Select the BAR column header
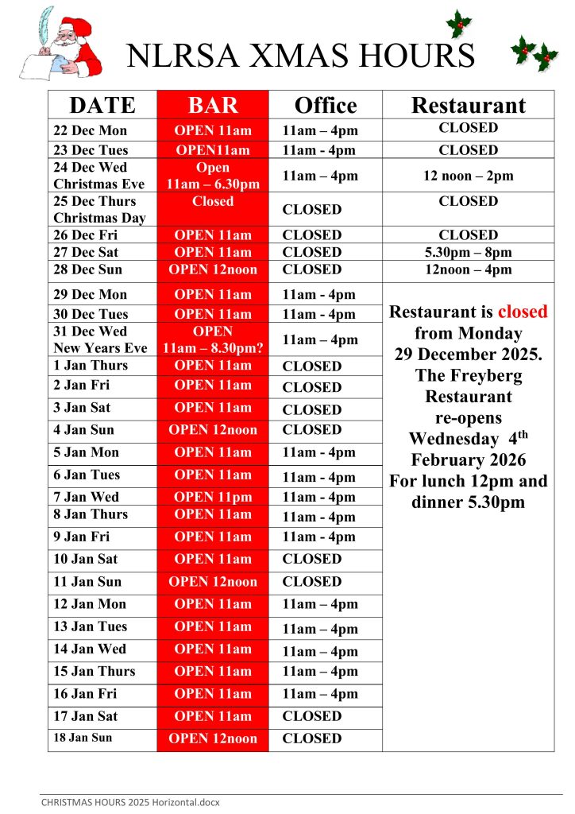(x=213, y=106)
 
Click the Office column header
(x=326, y=106)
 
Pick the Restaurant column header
(x=468, y=106)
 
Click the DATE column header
(x=102, y=106)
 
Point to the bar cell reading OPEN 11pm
(x=213, y=497)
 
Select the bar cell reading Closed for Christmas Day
(x=213, y=202)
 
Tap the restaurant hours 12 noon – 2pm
(x=468, y=176)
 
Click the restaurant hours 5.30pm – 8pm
(x=468, y=252)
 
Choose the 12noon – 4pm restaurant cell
(x=468, y=269)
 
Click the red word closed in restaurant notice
(x=523, y=312)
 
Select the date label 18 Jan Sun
(x=83, y=738)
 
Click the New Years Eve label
(x=100, y=348)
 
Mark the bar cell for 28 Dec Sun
(x=213, y=269)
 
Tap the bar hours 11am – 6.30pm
(x=213, y=184)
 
